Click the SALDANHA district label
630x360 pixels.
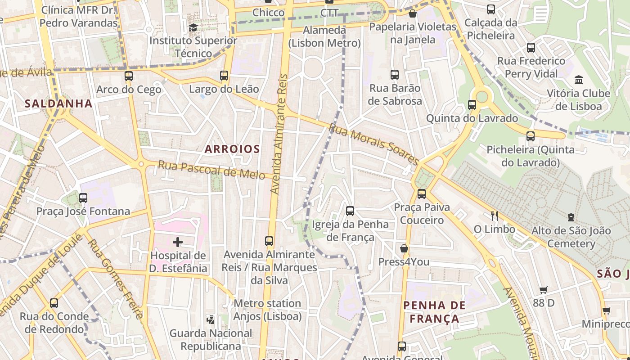coord(58,103)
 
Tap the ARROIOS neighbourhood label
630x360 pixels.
coord(232,149)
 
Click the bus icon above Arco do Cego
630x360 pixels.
coord(129,76)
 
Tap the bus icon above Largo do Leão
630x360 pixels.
coord(224,76)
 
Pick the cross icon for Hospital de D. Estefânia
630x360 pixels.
coord(178,243)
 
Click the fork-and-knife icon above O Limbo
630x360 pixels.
coord(495,216)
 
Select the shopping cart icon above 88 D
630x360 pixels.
coord(544,290)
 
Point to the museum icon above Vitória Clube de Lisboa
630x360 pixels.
coord(579,80)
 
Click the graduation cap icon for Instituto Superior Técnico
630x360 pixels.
coord(193,27)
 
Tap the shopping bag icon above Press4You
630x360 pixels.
coord(404,248)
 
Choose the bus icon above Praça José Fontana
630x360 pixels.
coord(83,198)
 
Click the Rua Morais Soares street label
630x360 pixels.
coord(374,144)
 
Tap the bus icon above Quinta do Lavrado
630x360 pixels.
coord(472,105)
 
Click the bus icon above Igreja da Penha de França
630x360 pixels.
coord(350,211)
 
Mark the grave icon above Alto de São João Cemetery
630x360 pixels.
coord(571,217)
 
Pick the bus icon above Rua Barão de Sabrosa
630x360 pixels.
coord(395,75)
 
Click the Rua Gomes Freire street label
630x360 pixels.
coord(115,279)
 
